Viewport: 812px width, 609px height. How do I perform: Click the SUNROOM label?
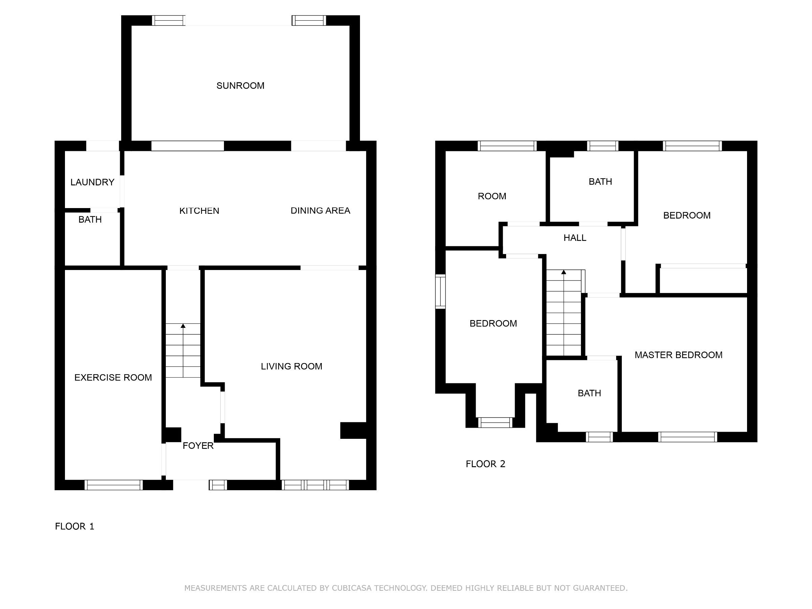pos(240,86)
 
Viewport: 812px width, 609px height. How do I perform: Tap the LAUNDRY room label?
pos(92,182)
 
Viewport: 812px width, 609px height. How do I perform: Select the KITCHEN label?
pos(199,211)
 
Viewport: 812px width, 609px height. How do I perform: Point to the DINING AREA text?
pos(320,210)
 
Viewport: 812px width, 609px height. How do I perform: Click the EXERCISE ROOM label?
pos(113,377)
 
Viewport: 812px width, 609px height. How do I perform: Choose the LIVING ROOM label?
pos(291,366)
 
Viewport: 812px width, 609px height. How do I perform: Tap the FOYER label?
pos(198,445)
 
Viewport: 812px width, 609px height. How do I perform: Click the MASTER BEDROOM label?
pos(678,355)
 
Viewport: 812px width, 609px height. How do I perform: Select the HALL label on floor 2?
pos(575,238)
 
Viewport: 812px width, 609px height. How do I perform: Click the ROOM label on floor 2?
pos(492,196)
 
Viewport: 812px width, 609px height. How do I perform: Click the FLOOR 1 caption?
pos(74,526)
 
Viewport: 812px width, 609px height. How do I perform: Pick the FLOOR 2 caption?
pos(485,464)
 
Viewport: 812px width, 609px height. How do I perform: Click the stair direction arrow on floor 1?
pos(183,326)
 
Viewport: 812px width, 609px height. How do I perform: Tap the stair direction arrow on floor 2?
pos(563,272)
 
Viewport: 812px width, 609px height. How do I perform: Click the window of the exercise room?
pos(113,485)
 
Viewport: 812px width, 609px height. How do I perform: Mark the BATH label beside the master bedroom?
pos(589,393)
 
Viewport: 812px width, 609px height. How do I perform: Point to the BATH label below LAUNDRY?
pos(90,220)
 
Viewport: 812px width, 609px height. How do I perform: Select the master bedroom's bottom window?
pos(687,437)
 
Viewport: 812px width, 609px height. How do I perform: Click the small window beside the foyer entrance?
pos(218,485)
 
